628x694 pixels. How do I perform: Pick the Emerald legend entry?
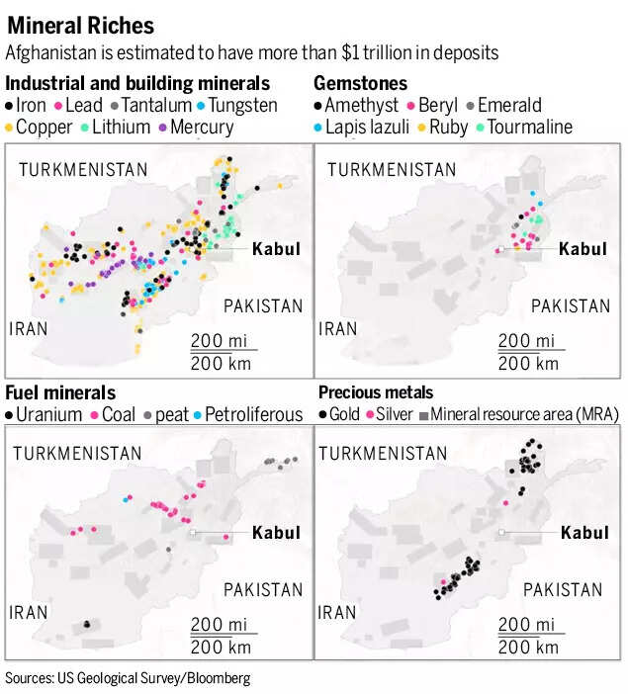tap(507, 105)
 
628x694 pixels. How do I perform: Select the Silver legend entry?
tap(395, 414)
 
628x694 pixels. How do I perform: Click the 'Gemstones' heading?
tap(360, 84)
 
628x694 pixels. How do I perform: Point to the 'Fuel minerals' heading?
tap(60, 392)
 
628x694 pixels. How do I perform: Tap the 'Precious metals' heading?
tap(376, 392)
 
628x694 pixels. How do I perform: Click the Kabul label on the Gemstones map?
tap(583, 249)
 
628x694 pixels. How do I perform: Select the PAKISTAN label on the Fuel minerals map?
tap(262, 590)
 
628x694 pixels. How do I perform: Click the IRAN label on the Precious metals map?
tap(338, 613)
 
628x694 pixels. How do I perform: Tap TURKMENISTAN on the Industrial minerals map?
tap(83, 170)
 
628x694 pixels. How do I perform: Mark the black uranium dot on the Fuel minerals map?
tap(87, 624)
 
